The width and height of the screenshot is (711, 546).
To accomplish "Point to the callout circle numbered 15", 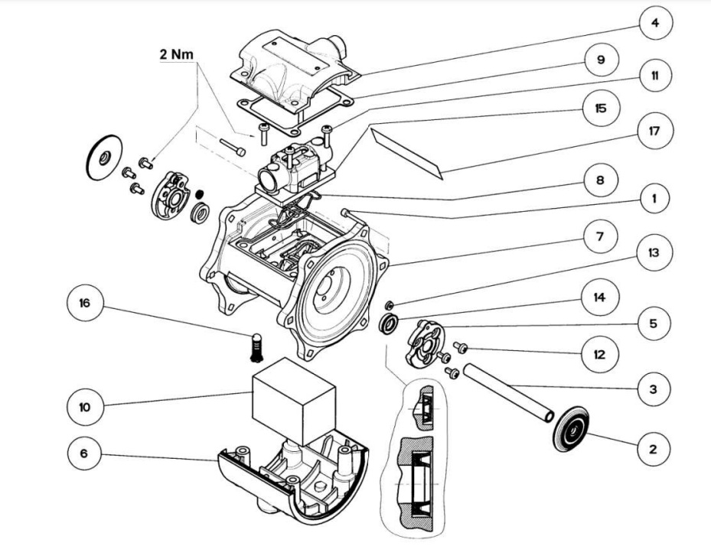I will [600, 109].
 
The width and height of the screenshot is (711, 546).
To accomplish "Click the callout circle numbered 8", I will [600, 181].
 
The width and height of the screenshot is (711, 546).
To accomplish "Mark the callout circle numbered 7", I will [600, 237].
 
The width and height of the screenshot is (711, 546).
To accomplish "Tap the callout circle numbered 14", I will [600, 297].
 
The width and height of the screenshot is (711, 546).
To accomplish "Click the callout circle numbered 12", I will [600, 354].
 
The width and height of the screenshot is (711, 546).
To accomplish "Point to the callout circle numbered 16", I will [84, 304].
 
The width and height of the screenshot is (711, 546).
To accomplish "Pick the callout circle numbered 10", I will [84, 407].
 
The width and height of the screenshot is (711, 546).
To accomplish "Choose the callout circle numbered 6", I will [84, 453].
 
